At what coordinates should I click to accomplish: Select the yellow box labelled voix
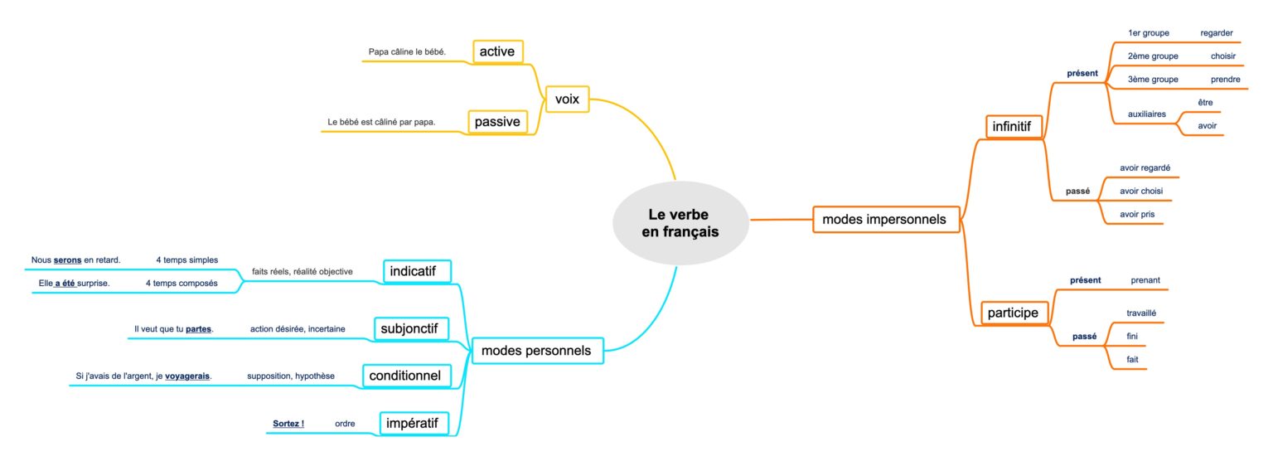point(567,100)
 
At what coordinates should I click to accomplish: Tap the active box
point(497,51)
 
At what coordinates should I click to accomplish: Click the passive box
point(497,123)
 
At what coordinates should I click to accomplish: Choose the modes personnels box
point(536,351)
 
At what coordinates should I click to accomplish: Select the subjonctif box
point(411,329)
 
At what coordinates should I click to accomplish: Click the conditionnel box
point(404,376)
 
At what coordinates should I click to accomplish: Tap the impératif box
point(413,424)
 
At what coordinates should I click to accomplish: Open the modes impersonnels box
point(886,220)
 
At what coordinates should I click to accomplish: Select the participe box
point(1012,313)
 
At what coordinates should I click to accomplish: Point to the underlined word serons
point(67,260)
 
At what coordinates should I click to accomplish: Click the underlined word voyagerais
point(187,376)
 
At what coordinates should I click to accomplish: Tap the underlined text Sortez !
point(288,424)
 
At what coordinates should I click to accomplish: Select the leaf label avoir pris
point(1136,214)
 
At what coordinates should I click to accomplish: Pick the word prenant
point(1145,280)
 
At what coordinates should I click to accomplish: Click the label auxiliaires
point(1147,114)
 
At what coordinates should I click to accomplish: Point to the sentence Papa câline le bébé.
point(407,52)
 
